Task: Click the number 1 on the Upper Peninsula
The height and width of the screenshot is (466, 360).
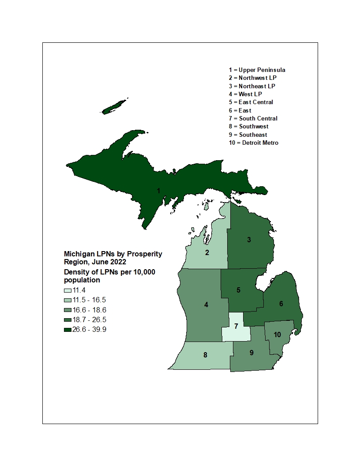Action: pyautogui.click(x=158, y=191)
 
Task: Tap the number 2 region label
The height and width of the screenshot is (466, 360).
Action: pyautogui.click(x=206, y=252)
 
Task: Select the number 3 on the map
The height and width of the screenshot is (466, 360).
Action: pyautogui.click(x=249, y=240)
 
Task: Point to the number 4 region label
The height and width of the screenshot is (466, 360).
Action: pyautogui.click(x=206, y=305)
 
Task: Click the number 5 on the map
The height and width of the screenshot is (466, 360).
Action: pyautogui.click(x=238, y=290)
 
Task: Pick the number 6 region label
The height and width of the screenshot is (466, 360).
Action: pyautogui.click(x=281, y=304)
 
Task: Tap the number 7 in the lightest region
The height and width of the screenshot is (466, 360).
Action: pyautogui.click(x=236, y=327)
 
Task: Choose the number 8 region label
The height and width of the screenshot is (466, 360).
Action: pyautogui.click(x=205, y=355)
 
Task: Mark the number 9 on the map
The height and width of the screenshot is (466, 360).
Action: pyautogui.click(x=251, y=353)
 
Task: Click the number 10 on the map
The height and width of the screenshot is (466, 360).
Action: pyautogui.click(x=277, y=334)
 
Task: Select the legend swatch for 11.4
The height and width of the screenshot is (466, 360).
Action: pyautogui.click(x=67, y=290)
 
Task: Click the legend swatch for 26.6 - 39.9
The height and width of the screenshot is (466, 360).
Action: pyautogui.click(x=67, y=330)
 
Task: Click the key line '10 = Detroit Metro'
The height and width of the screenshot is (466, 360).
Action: pyautogui.click(x=254, y=143)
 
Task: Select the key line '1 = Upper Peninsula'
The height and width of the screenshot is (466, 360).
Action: pyautogui.click(x=257, y=70)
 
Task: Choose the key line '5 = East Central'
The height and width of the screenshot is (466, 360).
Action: pyautogui.click(x=251, y=102)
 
